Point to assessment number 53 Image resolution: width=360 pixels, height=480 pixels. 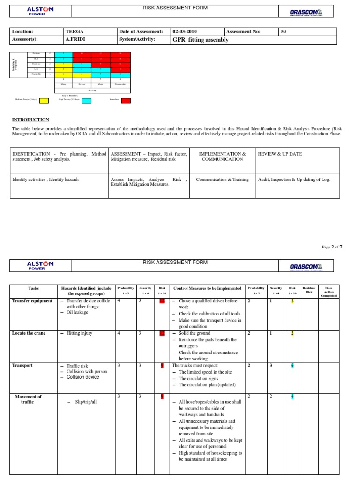283,32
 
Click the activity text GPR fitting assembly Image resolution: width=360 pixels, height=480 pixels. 201,40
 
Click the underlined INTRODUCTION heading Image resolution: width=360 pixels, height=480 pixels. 30,120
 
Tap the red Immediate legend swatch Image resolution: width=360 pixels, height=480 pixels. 126,100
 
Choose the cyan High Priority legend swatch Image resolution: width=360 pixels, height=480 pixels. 87,100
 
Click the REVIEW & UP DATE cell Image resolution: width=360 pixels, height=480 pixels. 280,154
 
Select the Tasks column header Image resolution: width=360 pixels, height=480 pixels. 33,288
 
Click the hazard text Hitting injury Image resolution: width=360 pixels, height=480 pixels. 79,333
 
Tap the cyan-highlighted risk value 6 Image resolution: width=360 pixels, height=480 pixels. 292,366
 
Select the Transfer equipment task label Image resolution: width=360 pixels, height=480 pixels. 32,301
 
